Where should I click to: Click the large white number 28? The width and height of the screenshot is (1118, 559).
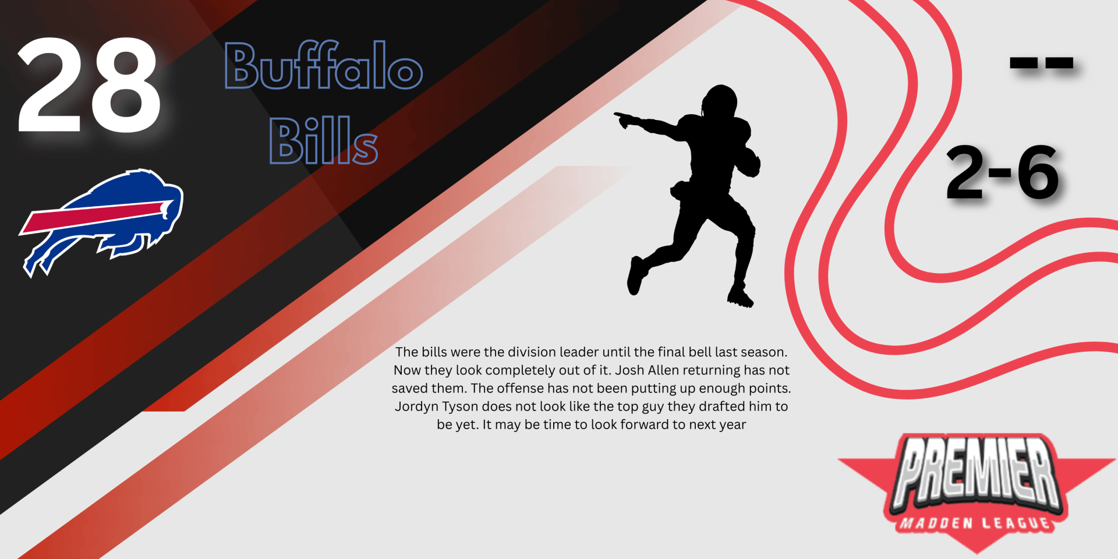pyautogui.click(x=89, y=85)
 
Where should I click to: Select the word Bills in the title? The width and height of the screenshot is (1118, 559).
pyautogui.click(x=324, y=140)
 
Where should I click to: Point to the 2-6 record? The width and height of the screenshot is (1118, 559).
pyautogui.click(x=1002, y=172)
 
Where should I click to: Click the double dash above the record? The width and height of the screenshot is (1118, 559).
pyautogui.click(x=1041, y=62)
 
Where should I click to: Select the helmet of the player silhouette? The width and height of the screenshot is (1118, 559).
pyautogui.click(x=720, y=101)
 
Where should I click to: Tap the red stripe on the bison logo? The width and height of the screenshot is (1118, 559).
pyautogui.click(x=96, y=217)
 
